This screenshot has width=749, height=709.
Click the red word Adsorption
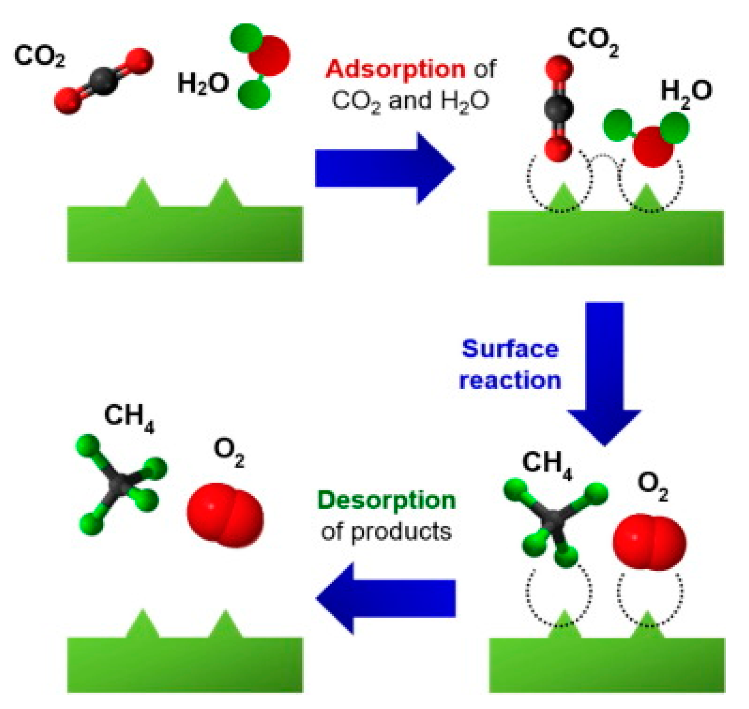[395, 69]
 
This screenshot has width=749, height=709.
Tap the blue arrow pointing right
[384, 168]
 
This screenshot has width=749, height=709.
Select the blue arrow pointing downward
[604, 371]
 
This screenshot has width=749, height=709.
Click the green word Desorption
[386, 501]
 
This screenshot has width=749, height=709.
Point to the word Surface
[510, 349]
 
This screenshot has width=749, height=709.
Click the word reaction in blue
[510, 380]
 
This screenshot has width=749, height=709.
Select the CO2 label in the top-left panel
[39, 57]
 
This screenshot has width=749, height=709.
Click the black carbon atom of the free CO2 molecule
[103, 82]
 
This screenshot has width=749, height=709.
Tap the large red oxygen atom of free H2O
[269, 55]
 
